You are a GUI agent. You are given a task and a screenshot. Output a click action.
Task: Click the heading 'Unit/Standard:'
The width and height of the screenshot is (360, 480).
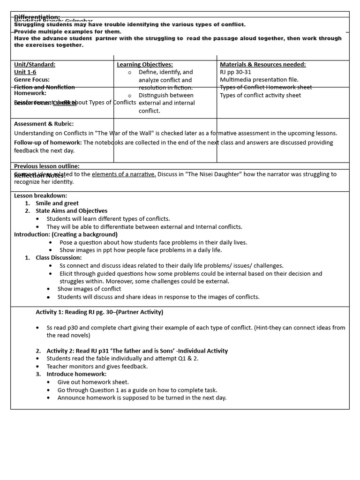point(35,64)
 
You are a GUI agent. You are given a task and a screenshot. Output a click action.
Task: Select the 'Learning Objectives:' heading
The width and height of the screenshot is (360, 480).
point(145,64)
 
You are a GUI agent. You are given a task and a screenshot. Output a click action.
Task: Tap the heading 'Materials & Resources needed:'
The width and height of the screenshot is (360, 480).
point(262,64)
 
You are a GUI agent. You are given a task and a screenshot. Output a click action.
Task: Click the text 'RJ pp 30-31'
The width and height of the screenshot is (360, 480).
point(235,72)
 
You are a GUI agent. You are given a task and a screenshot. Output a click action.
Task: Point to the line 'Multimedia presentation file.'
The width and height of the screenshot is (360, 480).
point(259,80)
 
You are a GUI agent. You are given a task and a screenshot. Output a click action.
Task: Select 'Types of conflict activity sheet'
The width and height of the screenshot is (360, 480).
point(260,95)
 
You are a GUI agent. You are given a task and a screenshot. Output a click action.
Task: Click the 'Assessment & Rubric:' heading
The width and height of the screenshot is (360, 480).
point(44,124)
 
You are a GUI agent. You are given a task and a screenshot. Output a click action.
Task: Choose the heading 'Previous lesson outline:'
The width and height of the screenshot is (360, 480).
point(47,166)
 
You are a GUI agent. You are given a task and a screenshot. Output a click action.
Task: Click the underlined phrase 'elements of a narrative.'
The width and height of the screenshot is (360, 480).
point(124,174)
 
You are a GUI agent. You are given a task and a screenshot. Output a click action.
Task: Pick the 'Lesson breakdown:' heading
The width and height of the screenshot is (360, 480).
point(40,195)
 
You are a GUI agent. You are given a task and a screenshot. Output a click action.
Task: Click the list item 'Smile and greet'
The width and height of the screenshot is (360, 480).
point(57,203)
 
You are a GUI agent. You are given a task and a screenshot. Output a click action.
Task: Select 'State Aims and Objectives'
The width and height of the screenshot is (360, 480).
point(71,211)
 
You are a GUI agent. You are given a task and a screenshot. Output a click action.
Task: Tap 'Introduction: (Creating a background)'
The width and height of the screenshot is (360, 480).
point(66,234)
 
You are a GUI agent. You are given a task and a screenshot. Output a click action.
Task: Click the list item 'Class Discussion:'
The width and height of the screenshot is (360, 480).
point(59,257)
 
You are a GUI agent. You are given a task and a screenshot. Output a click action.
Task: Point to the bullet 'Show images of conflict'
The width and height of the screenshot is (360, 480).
point(89,289)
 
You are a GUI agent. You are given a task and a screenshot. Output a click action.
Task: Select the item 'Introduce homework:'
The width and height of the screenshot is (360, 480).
point(76,374)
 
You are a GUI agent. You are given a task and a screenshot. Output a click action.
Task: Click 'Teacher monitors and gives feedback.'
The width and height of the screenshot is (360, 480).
point(97,366)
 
